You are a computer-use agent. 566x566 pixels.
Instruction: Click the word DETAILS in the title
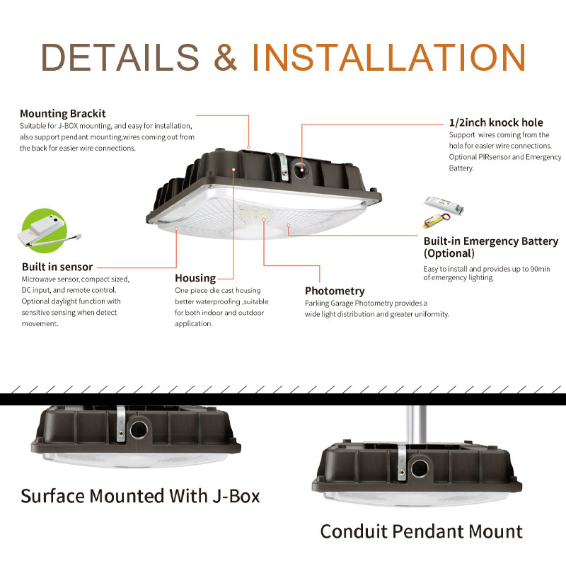point(120,57)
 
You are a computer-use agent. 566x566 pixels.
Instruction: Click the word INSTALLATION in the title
point(388,57)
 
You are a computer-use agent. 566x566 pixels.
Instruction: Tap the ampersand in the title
point(225,57)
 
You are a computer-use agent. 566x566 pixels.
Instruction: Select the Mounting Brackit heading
point(63,113)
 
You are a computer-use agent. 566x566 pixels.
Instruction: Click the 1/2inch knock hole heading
point(496,122)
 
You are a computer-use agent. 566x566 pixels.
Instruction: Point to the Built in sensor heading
point(57,267)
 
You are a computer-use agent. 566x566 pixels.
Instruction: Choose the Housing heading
point(195,278)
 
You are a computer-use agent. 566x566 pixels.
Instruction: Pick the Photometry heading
point(335,291)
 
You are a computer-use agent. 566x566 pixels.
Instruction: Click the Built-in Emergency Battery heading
point(491,247)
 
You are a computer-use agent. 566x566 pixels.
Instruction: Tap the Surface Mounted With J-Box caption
point(140,496)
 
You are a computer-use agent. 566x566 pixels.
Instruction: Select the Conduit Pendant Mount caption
point(421,531)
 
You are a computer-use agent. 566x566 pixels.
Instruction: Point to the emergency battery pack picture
point(444,212)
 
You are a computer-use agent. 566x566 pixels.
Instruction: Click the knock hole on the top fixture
point(300,168)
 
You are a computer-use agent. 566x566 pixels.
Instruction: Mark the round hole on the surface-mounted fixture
point(139,429)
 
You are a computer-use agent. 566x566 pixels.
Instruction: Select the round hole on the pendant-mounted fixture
point(420,469)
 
